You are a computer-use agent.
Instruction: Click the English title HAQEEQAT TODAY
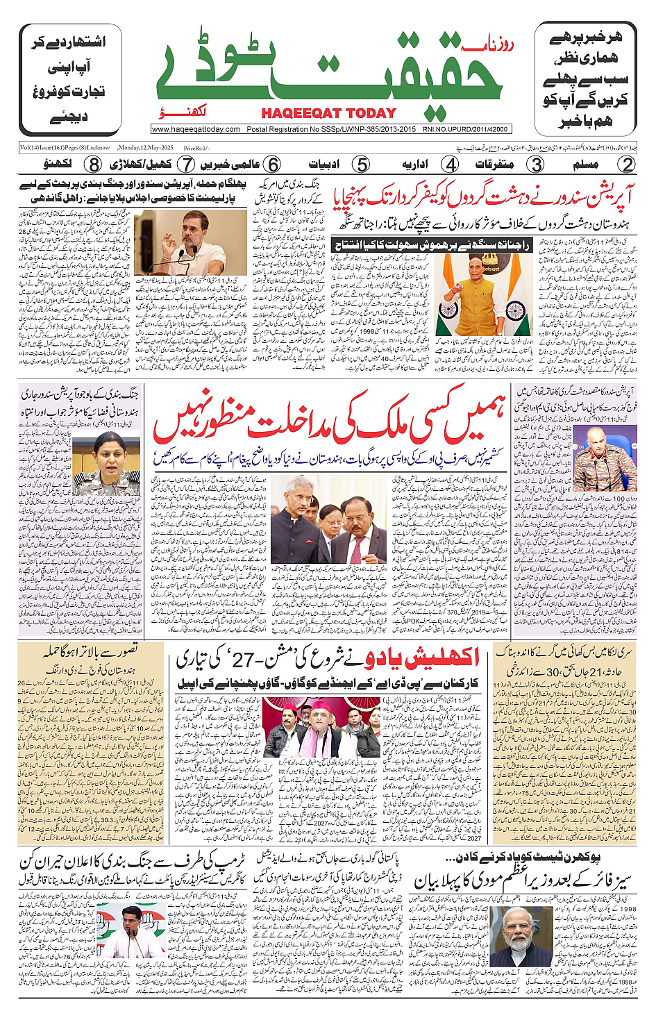pos(328,113)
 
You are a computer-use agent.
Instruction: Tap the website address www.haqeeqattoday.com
pos(196,129)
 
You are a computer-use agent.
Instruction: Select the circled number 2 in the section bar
pos(627,165)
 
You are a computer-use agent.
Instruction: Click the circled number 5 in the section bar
pos(360,165)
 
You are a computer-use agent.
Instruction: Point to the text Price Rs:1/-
pos(196,148)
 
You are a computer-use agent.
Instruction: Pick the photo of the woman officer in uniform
pos(110,463)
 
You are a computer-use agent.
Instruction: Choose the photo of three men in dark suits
pos(329,519)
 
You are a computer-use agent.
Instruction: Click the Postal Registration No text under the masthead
pos(331,129)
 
